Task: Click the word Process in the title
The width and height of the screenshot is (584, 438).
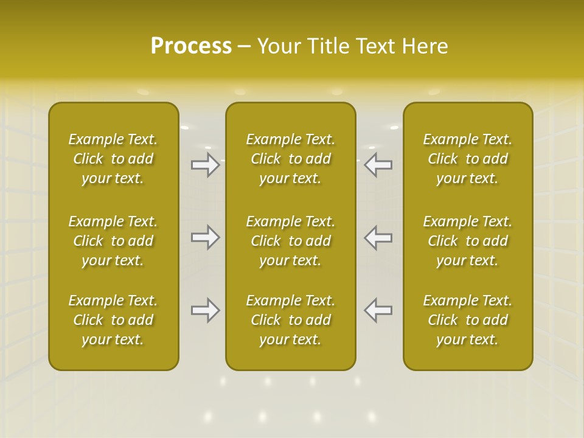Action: [x=191, y=46]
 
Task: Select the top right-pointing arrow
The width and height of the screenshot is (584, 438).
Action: [x=206, y=165]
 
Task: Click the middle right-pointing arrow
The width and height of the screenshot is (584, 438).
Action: [x=206, y=237]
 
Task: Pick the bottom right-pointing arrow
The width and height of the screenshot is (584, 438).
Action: [x=206, y=310]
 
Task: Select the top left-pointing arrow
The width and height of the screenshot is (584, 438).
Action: [x=378, y=165]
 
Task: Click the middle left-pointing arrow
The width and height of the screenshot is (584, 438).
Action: [x=378, y=237]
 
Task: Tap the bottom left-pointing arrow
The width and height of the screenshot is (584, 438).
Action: [x=378, y=310]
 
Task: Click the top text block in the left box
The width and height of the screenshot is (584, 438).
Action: [x=113, y=159]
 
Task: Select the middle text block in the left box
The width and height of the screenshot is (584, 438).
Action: [x=113, y=241]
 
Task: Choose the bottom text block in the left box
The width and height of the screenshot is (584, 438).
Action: [x=113, y=320]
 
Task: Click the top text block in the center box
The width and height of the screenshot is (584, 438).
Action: [x=291, y=159]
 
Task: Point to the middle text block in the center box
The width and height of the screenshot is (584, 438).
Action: [x=291, y=241]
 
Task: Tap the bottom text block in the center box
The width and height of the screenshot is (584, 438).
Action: [x=291, y=320]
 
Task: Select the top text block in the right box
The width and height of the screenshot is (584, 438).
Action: [x=468, y=159]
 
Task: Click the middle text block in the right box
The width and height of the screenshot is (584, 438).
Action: [x=468, y=241]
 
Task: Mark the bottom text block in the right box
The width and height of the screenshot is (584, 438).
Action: [x=468, y=320]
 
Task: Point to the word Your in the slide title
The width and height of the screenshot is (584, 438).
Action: [x=277, y=46]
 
